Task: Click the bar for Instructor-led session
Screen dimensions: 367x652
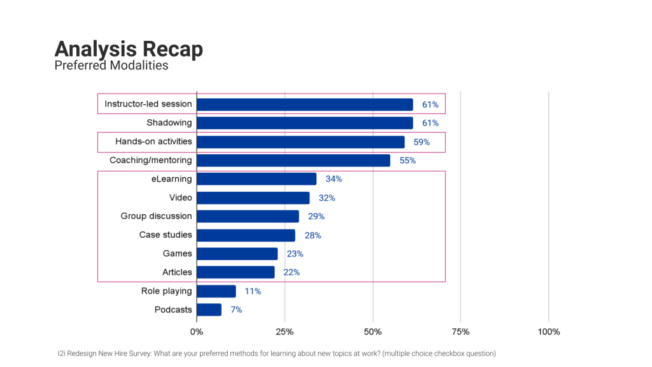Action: (x=304, y=104)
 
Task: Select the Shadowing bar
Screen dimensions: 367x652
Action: (x=304, y=123)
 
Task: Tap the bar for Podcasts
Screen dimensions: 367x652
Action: (x=209, y=310)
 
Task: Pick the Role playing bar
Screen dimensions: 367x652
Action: (x=216, y=291)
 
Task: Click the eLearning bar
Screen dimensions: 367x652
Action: (x=256, y=179)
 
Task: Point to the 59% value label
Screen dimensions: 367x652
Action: (x=422, y=142)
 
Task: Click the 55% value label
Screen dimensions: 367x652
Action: (x=407, y=161)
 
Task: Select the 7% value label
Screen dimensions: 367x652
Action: (x=236, y=310)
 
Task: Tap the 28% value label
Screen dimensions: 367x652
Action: (x=313, y=235)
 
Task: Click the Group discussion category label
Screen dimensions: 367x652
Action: (x=156, y=216)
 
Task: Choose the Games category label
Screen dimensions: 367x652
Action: (x=177, y=254)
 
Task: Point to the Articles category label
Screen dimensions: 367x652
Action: (x=177, y=272)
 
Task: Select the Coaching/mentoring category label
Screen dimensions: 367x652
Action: (x=150, y=161)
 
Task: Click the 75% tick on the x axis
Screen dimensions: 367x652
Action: (x=460, y=332)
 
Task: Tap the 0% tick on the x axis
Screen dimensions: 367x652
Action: (x=197, y=332)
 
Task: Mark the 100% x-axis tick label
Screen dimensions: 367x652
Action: (x=548, y=332)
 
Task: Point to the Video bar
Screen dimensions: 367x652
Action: (x=253, y=198)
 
